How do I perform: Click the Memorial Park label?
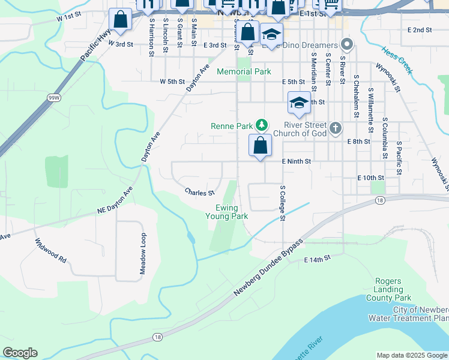click(244, 71)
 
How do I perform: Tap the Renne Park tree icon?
click(261, 125)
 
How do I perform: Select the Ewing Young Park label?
click(227, 212)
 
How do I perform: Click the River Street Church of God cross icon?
click(336, 127)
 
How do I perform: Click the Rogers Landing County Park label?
click(393, 289)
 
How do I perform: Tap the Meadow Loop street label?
click(143, 254)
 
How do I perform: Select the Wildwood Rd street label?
click(50, 250)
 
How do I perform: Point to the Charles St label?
click(200, 193)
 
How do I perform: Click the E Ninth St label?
click(297, 161)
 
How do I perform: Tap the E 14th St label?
click(318, 259)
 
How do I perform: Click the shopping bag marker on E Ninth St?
click(260, 146)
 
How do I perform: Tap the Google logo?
click(20, 353)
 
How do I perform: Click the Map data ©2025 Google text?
click(412, 355)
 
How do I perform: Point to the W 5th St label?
click(172, 82)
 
